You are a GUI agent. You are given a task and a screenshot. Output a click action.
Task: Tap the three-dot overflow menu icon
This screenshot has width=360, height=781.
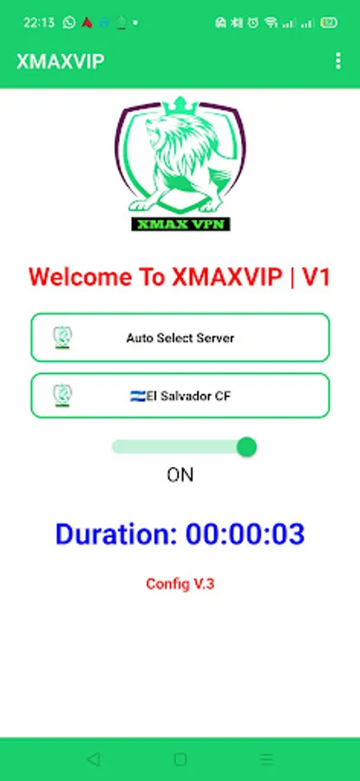(338, 62)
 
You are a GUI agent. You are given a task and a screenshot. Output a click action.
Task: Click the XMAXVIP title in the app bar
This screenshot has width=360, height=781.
(61, 62)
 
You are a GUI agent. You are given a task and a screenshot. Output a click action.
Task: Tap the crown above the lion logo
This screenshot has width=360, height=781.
(180, 106)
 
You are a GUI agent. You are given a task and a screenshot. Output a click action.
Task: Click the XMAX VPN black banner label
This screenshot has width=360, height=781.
(180, 224)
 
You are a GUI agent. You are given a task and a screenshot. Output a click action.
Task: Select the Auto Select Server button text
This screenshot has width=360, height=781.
(180, 338)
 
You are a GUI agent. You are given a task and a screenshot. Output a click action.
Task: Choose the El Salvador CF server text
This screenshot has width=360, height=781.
(187, 397)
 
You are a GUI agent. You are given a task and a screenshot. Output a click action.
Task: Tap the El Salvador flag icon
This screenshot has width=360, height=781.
(138, 397)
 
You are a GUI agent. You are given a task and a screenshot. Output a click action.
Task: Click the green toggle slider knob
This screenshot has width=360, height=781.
(246, 447)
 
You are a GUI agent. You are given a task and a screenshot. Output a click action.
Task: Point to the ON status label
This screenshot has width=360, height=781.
(180, 476)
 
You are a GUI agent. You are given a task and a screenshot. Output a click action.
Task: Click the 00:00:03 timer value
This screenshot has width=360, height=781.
(245, 534)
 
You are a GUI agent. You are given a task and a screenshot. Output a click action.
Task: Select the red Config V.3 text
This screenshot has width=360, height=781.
(180, 584)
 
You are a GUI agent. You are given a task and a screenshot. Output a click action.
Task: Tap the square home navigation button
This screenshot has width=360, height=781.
(180, 759)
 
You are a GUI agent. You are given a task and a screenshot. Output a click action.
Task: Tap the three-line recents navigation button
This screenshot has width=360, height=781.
(267, 759)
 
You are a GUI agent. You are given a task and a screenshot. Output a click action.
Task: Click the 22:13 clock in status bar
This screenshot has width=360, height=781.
(39, 23)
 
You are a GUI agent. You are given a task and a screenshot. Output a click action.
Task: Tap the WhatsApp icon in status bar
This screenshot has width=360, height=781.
(69, 23)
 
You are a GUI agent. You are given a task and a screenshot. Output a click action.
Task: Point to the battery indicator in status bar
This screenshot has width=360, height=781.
(329, 23)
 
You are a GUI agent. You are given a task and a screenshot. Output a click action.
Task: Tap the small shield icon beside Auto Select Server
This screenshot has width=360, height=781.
(62, 338)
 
